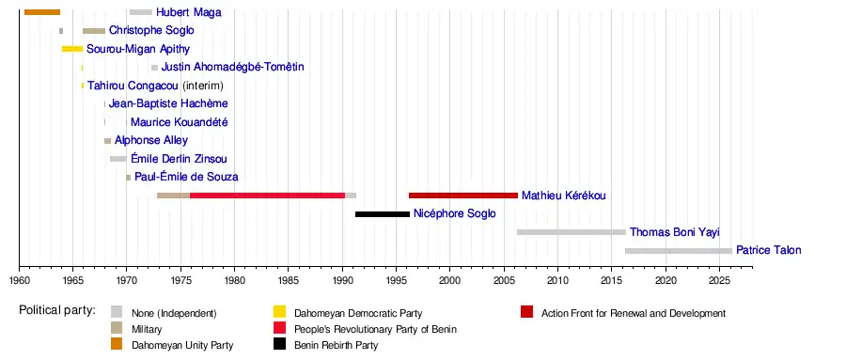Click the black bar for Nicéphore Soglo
click(383, 214)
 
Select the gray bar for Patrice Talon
click(679, 251)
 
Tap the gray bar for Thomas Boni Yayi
click(572, 232)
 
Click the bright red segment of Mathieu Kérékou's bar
click(268, 196)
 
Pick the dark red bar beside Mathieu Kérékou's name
click(463, 196)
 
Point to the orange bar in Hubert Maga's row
click(42, 12)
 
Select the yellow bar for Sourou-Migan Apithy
click(72, 49)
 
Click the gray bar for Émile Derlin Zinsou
click(118, 159)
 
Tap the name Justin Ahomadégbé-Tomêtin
click(232, 67)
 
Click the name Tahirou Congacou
click(133, 86)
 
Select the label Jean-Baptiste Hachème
click(168, 103)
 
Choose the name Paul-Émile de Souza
click(186, 177)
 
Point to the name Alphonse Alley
click(151, 140)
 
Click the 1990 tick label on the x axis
click(342, 279)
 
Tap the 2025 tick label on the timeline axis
click(719, 279)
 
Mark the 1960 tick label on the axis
click(20, 279)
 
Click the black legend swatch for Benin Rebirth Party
click(279, 344)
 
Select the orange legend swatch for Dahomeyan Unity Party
click(117, 344)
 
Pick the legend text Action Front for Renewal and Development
click(634, 313)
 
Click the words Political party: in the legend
click(57, 310)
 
